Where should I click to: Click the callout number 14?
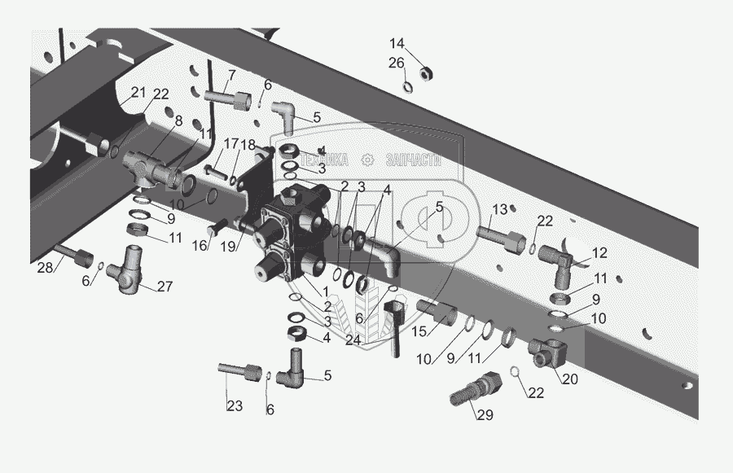coord(397,44)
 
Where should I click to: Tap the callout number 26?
coord(396,63)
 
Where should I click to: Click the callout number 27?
coord(165,286)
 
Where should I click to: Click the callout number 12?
coord(599,252)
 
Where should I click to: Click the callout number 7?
coord(231,76)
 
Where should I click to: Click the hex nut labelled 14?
coord(424,73)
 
